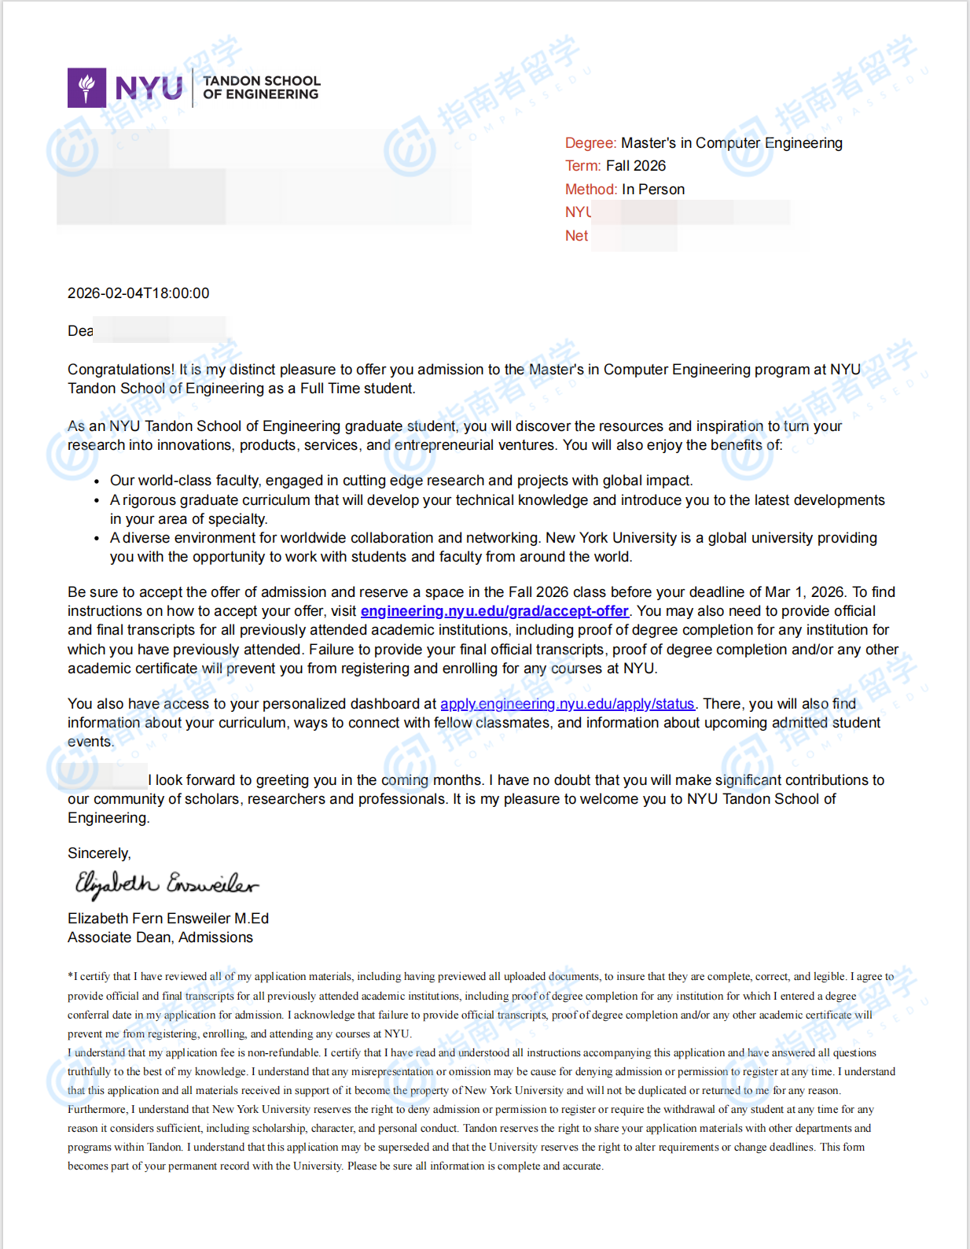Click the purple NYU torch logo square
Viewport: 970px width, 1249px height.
86,87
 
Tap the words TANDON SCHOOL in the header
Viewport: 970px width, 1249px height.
261,81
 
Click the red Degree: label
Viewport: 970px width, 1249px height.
590,143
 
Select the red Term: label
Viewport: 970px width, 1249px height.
582,166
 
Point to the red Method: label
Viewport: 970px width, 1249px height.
591,190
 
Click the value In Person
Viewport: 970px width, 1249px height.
653,190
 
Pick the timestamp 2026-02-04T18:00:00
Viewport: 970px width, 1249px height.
138,293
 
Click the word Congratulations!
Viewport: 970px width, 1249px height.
121,370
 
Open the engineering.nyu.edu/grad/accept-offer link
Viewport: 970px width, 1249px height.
494,611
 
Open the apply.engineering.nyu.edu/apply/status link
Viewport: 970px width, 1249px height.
567,704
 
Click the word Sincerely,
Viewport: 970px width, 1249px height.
99,853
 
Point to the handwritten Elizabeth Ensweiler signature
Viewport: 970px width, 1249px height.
166,884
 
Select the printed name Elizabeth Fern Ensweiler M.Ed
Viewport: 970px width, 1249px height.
168,919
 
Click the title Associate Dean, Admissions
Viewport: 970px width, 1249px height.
160,938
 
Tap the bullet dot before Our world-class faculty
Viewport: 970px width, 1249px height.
97,481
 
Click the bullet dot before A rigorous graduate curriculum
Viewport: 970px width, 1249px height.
97,501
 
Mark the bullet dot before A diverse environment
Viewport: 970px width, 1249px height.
97,539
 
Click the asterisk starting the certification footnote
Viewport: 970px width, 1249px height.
70,976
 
